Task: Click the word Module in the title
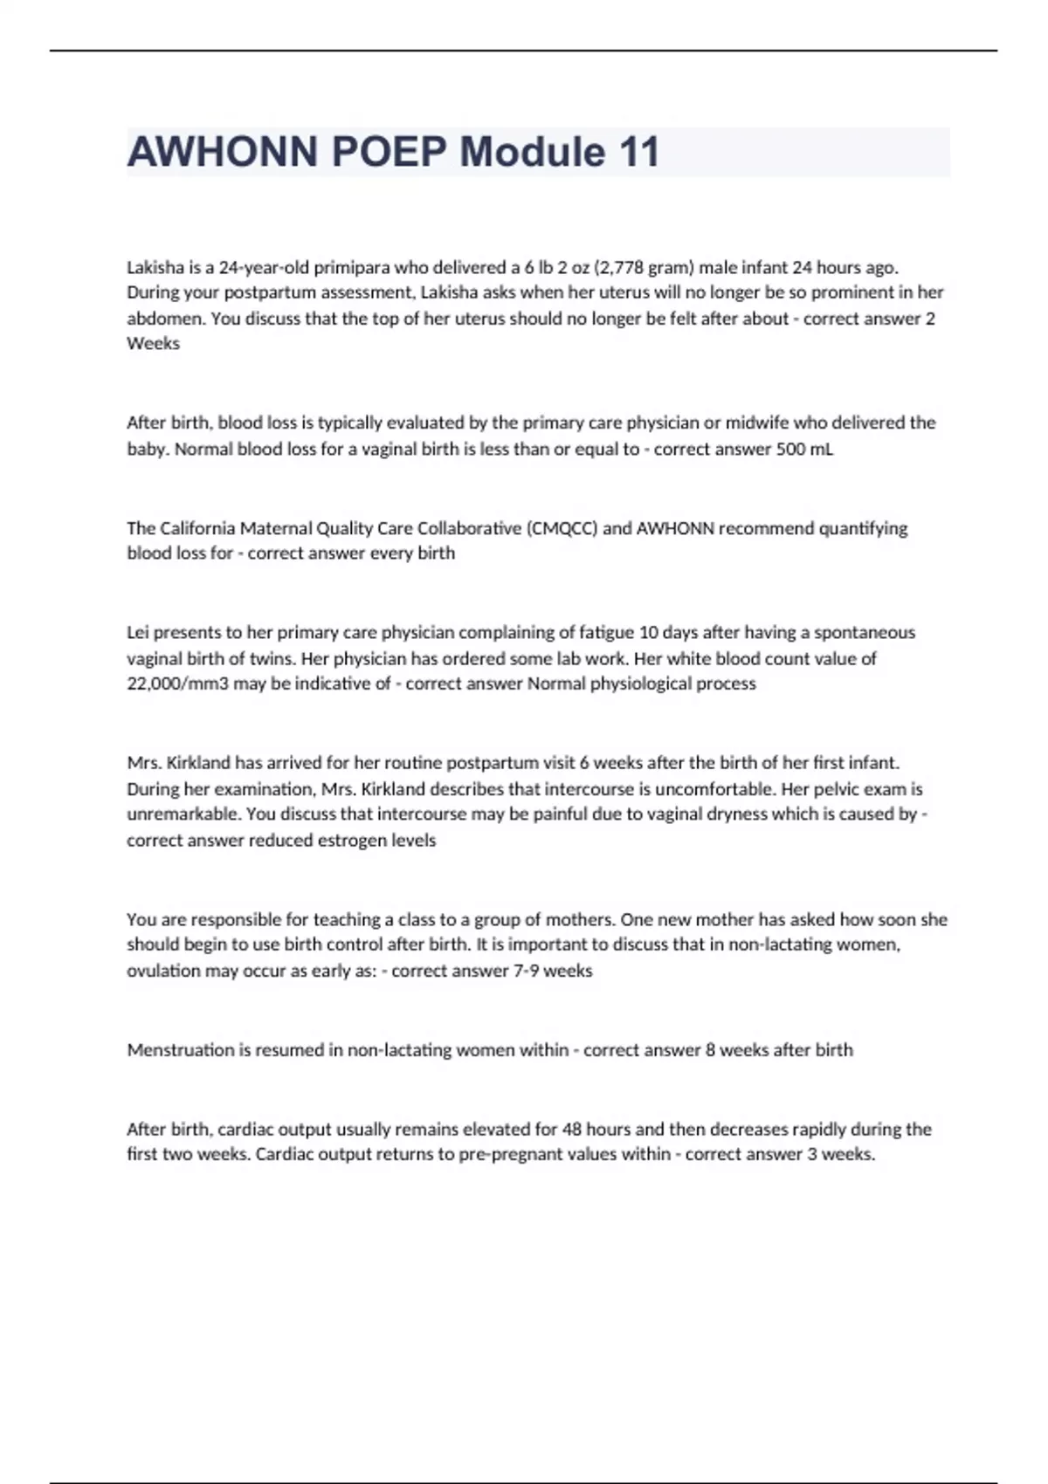533,153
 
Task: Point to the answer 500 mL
804,450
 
